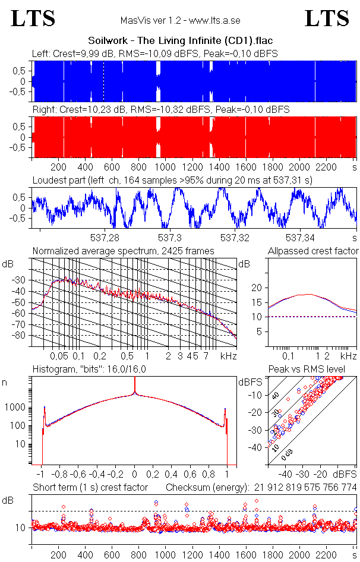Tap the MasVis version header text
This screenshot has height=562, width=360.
pos(180,20)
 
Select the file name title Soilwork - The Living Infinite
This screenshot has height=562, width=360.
pos(180,41)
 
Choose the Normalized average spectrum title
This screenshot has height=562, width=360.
pos(123,251)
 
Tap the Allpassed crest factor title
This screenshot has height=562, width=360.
pos(313,251)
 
